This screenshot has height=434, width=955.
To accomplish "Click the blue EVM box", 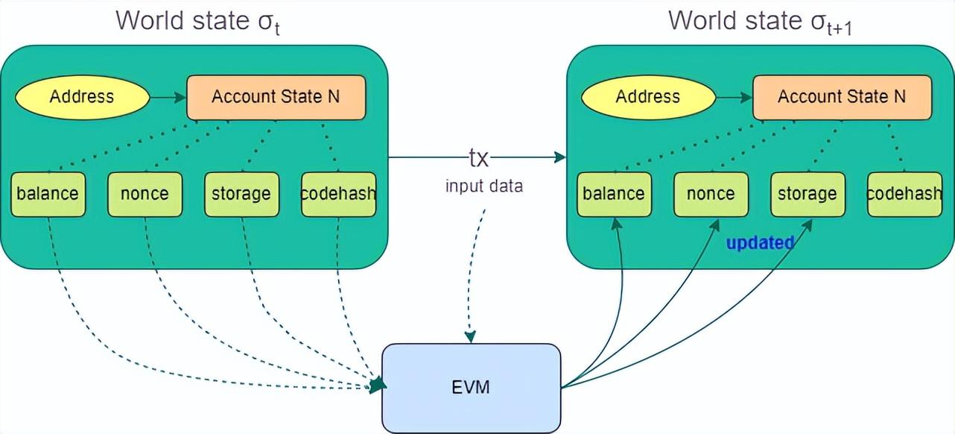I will [471, 388].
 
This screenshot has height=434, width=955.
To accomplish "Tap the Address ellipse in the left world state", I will [82, 97].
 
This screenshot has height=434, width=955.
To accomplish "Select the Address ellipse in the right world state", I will [648, 97].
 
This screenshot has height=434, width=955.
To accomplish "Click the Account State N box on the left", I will [276, 97].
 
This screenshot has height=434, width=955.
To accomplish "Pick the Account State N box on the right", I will [842, 97].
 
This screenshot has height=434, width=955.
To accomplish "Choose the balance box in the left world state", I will [48, 195].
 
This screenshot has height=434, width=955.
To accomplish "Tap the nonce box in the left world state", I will [145, 195].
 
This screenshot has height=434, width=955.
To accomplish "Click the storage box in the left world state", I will [241, 195].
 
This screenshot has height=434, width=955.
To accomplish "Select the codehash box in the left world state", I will [338, 195].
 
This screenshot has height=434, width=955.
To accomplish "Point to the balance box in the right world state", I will [614, 195].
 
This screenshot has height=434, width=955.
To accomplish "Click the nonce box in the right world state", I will [711, 195].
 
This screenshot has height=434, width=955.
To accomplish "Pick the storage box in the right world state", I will [808, 195].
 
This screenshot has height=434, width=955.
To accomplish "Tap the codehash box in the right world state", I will [904, 195].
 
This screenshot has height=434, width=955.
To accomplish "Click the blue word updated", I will [760, 243].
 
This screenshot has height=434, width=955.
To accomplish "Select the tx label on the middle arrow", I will [478, 157].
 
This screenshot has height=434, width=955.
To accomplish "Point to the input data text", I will [484, 186].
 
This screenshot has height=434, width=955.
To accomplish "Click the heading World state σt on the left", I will [197, 21].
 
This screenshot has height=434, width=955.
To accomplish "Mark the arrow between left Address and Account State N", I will [168, 97].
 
